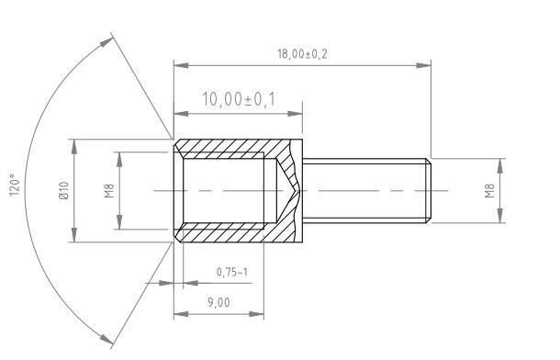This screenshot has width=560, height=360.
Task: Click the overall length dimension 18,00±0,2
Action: click(302, 54)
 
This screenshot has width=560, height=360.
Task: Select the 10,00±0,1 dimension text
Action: click(238, 100)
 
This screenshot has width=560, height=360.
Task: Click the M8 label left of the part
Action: click(108, 191)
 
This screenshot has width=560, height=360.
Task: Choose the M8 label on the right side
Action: click(489, 191)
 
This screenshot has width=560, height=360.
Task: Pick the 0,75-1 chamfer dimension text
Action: click(231, 273)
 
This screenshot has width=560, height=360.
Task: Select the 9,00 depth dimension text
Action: click(218, 303)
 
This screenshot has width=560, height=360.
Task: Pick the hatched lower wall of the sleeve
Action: click(230, 235)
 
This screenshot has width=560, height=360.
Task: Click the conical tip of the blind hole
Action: click(288, 191)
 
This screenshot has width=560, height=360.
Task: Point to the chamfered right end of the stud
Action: click(428, 191)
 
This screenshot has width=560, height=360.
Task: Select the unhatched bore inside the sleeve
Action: click(225, 191)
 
